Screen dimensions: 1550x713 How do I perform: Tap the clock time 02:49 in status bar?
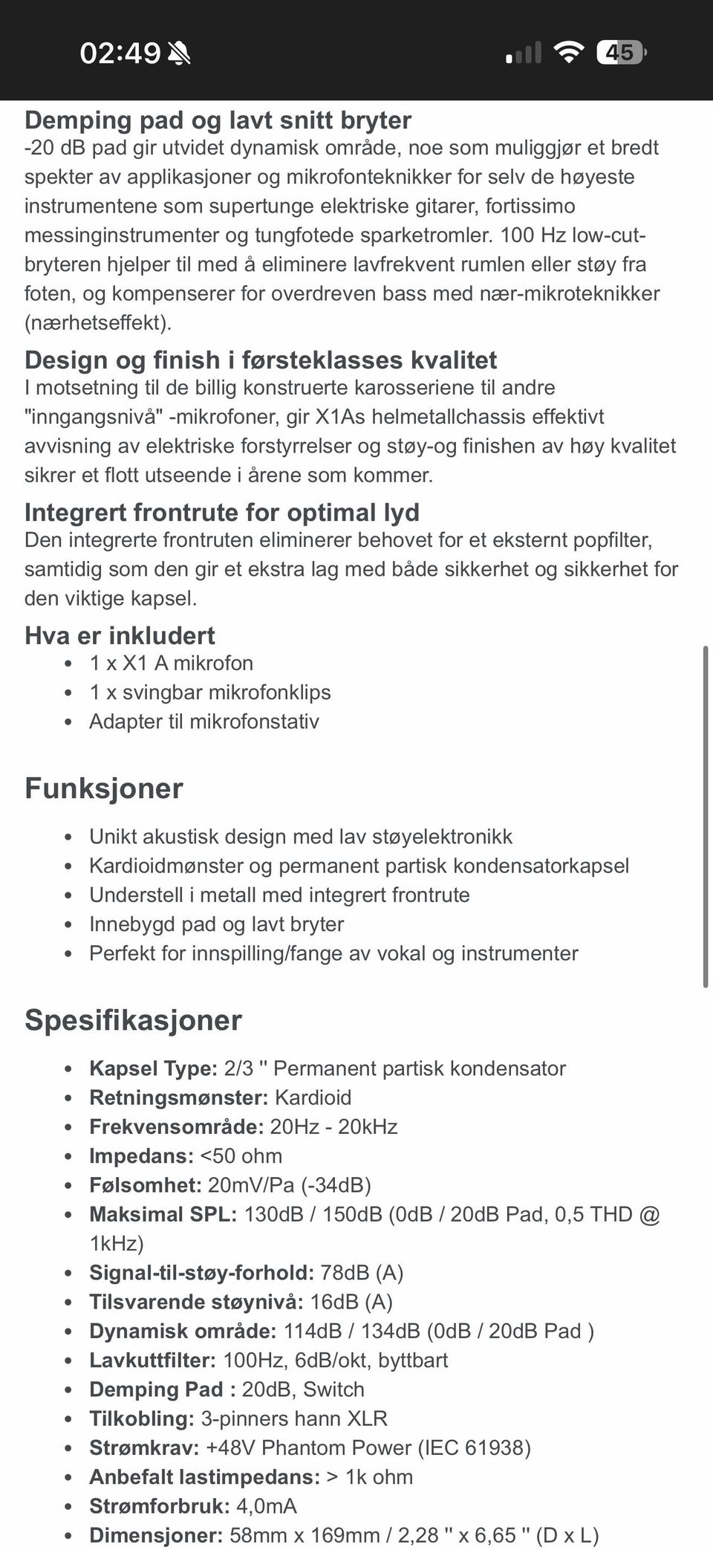[x=120, y=53]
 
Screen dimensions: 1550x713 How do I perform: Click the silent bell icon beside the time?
[x=179, y=53]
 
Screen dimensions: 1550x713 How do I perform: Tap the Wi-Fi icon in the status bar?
[x=568, y=53]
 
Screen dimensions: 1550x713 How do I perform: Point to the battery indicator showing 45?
[x=621, y=53]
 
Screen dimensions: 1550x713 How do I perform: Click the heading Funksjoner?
[x=104, y=788]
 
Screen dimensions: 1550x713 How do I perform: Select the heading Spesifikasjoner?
[x=133, y=1020]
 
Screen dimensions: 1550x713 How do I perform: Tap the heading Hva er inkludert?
[x=120, y=635]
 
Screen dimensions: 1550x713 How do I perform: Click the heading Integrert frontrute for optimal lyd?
[x=221, y=512]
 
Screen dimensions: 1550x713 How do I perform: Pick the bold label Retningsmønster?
[x=178, y=1097]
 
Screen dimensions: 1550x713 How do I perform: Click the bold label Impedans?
[x=141, y=1156]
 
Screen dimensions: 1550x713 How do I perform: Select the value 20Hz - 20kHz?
[x=333, y=1126]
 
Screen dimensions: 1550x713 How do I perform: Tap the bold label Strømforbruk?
[x=159, y=1506]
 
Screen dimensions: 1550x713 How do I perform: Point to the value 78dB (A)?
[x=362, y=1273]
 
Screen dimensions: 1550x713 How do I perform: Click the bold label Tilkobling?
[x=141, y=1418]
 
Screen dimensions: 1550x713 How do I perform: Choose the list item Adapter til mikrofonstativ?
[x=204, y=722]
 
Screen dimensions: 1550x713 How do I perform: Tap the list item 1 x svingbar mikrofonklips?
[x=210, y=692]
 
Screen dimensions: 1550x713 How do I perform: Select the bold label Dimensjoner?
[x=156, y=1535]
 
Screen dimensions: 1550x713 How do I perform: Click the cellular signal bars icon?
[x=524, y=53]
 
